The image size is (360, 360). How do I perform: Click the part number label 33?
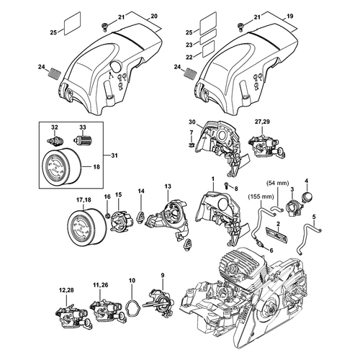point(83,127)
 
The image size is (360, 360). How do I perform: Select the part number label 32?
point(55,127)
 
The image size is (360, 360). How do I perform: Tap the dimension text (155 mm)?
point(261,197)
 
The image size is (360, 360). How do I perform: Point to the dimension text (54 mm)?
point(278,184)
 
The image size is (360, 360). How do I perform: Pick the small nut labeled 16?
point(107,215)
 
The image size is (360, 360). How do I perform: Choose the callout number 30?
point(192,122)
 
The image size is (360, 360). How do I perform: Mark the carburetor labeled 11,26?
point(107,311)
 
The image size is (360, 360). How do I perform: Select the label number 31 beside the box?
point(114,156)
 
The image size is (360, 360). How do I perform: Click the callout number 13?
point(168,186)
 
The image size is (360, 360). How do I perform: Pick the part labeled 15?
point(119,220)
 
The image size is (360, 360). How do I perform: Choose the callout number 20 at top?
point(154,17)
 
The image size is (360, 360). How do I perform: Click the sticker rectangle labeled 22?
point(208,49)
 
